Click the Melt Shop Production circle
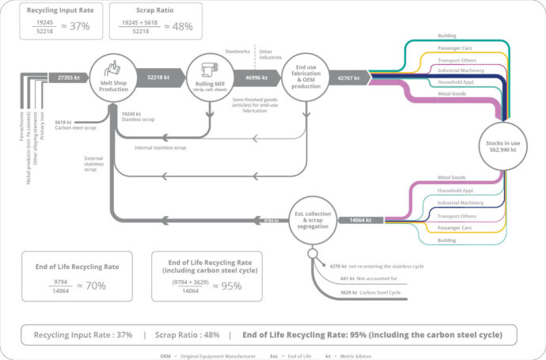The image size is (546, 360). click(114, 78)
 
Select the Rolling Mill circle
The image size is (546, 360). click(209, 78)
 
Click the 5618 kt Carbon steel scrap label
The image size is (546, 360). click(78, 123)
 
